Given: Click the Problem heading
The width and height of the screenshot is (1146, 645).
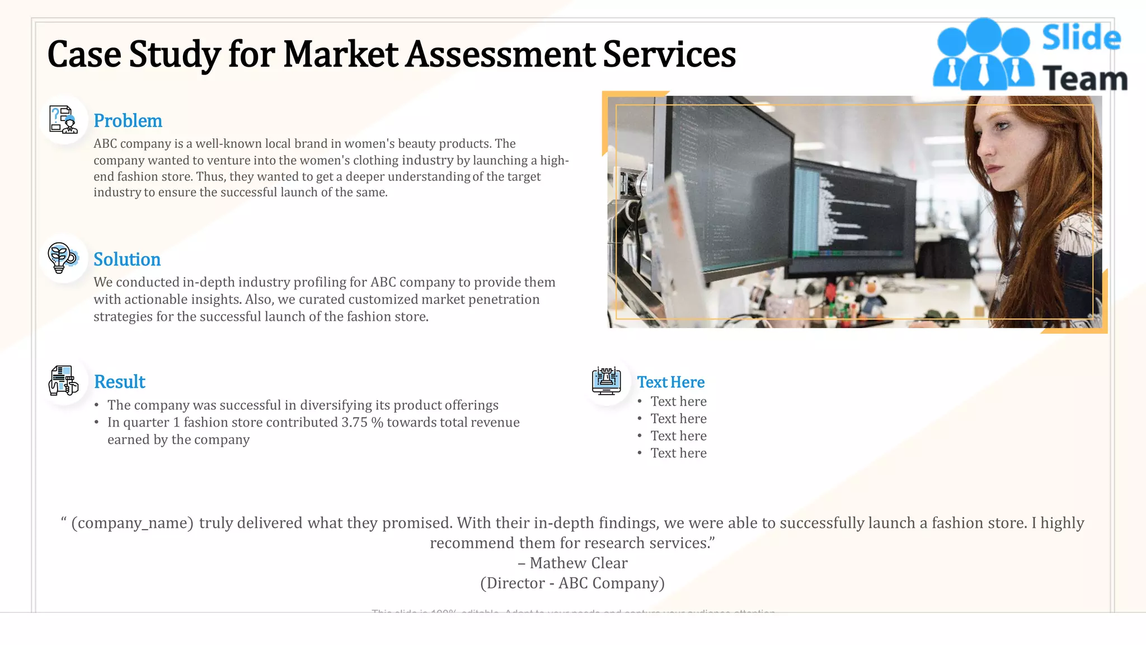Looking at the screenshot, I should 128,121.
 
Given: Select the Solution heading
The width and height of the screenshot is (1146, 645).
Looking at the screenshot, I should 127,259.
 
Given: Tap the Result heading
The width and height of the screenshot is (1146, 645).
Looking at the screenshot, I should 120,382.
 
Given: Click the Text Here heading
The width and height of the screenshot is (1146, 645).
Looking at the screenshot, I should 671,382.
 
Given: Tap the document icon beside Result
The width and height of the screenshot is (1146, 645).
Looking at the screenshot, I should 63,381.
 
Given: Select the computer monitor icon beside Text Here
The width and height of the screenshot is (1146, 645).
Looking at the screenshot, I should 607,381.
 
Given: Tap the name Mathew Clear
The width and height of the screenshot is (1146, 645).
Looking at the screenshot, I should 579,563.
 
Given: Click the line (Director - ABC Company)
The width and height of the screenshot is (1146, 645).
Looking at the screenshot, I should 572,583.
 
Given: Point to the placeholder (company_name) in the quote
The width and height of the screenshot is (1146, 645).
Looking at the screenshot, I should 132,523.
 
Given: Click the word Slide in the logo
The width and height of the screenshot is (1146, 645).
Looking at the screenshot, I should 1081,38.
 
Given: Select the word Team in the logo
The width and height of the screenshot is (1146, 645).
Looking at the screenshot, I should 1084,79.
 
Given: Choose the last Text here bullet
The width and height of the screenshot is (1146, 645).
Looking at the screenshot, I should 678,454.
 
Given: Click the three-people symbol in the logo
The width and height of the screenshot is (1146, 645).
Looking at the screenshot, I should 983,55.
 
